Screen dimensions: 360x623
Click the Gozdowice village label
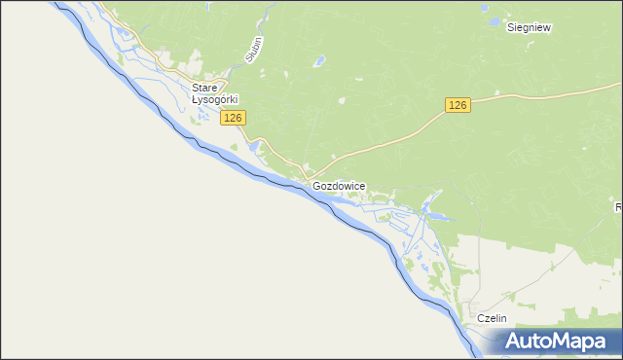[x=339, y=185]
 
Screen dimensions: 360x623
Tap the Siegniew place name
[x=530, y=28]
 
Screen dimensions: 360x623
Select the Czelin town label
[x=492, y=318]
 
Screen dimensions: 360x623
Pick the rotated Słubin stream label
[x=254, y=50]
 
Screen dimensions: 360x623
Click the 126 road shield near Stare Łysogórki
[x=232, y=118]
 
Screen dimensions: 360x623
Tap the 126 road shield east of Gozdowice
[x=458, y=105]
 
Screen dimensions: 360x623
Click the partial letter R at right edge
[x=619, y=207]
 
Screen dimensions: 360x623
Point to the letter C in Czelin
[x=479, y=318]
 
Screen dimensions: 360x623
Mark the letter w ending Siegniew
[x=547, y=28]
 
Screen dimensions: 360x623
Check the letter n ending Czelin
[x=504, y=318]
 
